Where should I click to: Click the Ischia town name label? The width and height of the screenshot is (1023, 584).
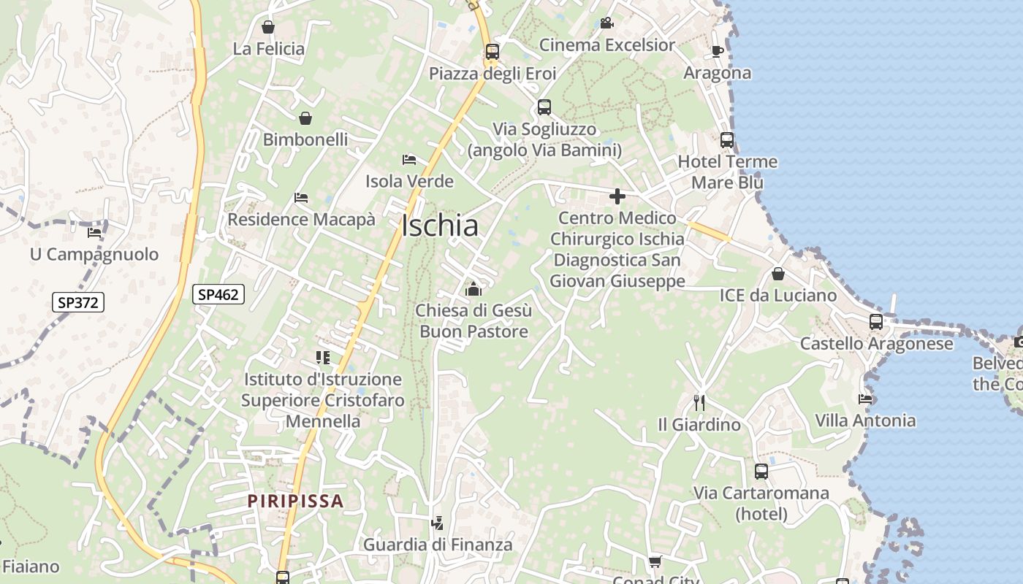pos(440,226)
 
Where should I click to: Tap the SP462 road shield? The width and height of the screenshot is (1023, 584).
pos(218,294)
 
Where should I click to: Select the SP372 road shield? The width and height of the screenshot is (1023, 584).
pos(78,301)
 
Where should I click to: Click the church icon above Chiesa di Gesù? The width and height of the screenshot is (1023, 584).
pos(474,289)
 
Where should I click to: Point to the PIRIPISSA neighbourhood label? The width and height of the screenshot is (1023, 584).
pos(295,501)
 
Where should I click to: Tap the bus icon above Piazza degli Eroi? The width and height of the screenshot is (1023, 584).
pos(493,52)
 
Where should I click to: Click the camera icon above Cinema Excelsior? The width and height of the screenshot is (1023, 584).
pos(606,23)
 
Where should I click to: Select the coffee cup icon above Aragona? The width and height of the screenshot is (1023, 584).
pos(718,51)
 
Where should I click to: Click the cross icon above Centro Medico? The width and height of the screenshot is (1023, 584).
pos(617,196)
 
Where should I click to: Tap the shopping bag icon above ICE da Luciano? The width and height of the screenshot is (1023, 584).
pos(778,274)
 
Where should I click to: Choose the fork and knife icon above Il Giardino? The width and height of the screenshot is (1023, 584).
pos(699,402)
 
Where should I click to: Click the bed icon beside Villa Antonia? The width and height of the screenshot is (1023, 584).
pos(865,399)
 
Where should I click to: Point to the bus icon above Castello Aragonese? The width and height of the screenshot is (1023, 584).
pos(876,321)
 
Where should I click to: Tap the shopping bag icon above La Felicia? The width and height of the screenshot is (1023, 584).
pos(268,27)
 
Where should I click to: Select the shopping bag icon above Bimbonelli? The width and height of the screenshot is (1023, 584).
pos(305,118)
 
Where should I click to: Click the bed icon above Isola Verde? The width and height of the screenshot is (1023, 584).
pos(409,159)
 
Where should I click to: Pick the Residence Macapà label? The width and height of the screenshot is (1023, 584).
pos(301,219)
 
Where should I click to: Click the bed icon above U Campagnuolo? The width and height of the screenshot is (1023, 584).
pos(94,233)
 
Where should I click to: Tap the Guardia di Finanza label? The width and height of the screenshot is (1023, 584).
pos(438,545)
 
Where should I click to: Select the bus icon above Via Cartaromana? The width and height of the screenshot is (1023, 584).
pos(761,471)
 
